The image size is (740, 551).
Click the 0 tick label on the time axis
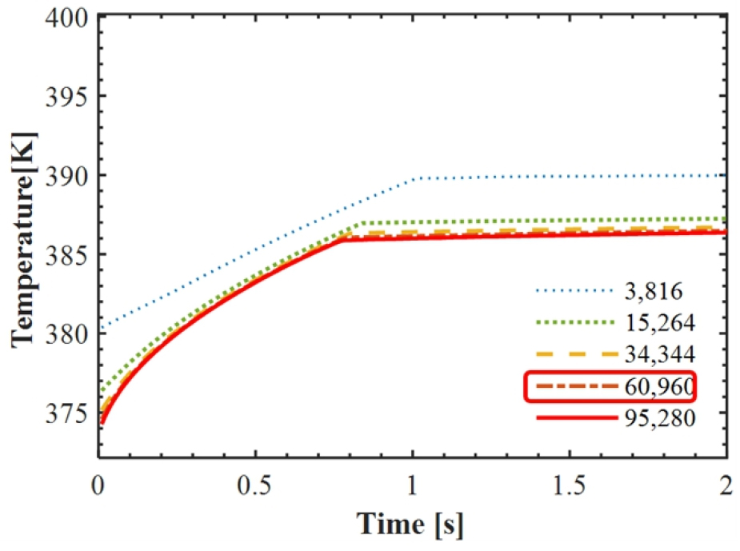pos(98,486)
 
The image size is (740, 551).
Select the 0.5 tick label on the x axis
pos(254,486)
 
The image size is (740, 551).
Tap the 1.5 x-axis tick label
pos(569,486)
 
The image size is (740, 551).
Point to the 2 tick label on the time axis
pos(726,486)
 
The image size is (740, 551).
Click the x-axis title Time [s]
pos(410,525)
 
